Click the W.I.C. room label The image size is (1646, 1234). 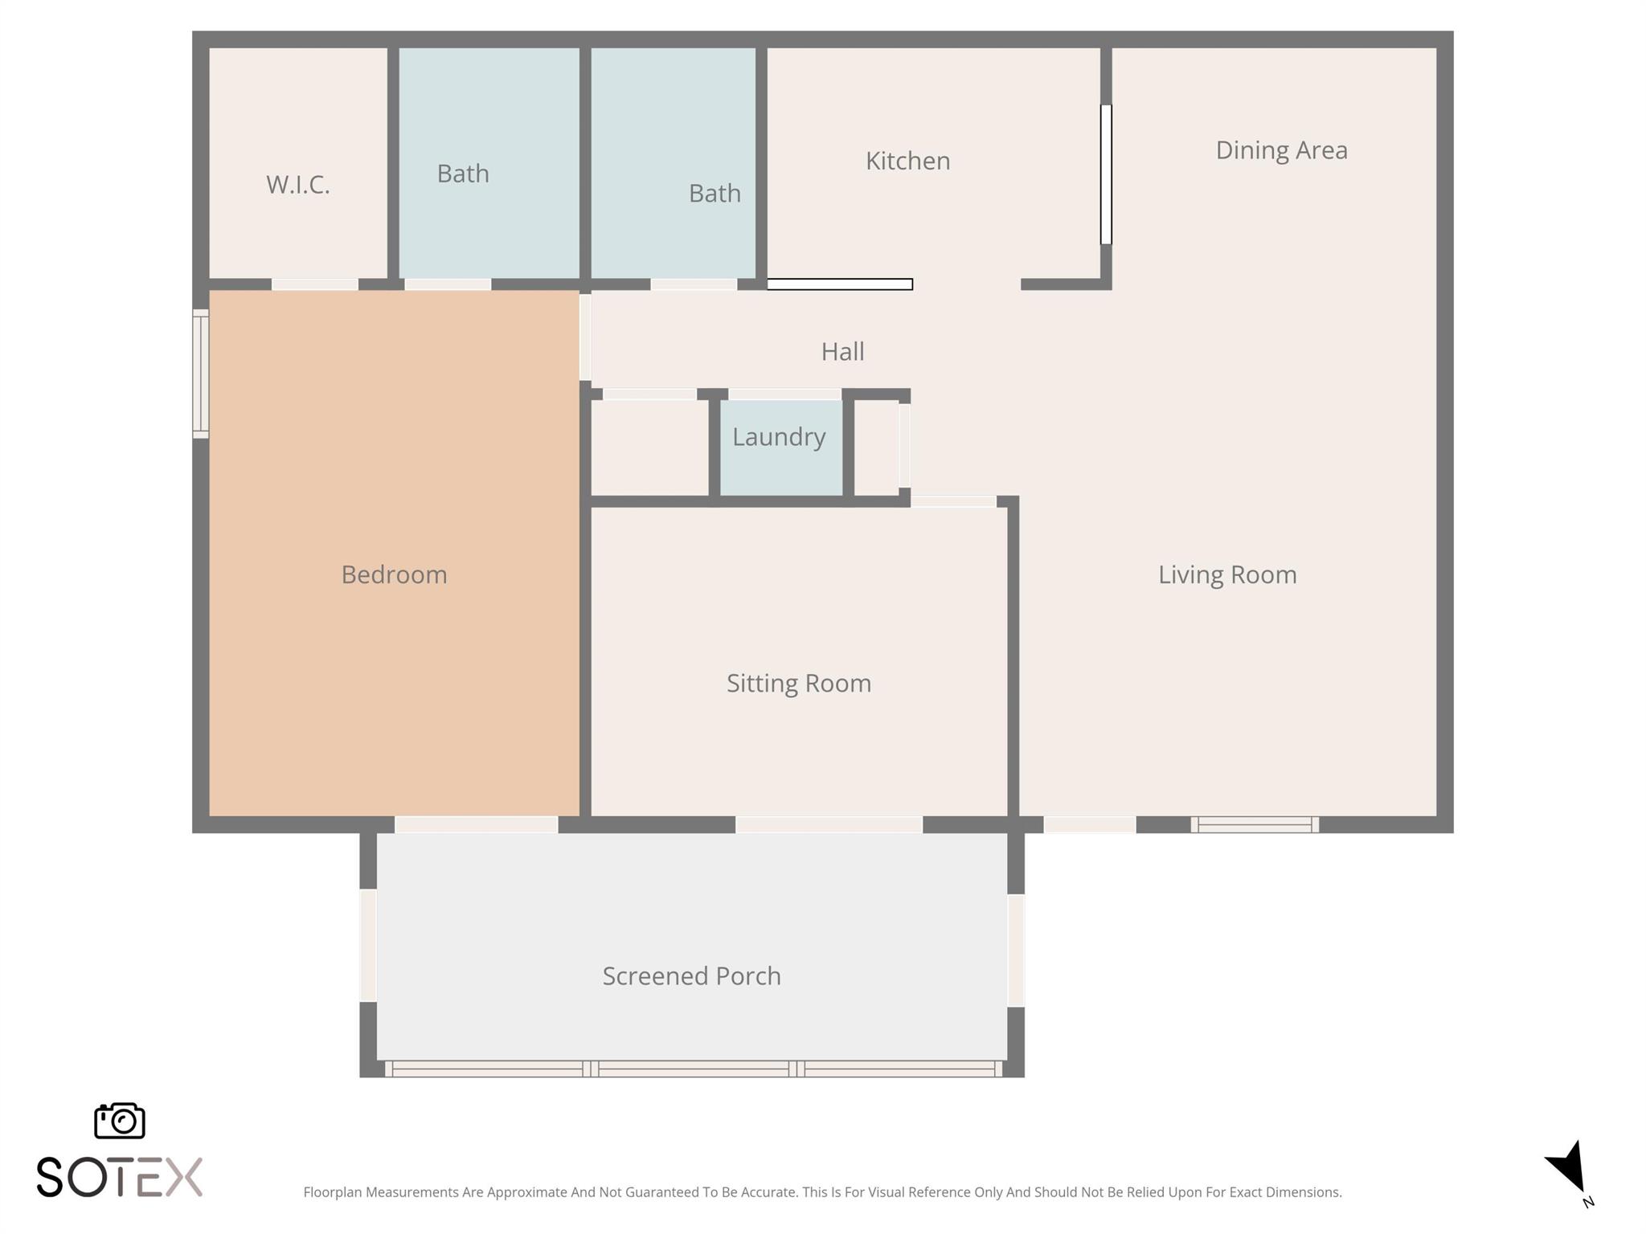(297, 185)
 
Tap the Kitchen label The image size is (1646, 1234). (907, 161)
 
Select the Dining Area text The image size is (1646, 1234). (1280, 150)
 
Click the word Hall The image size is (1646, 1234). (842, 352)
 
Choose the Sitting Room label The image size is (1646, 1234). (798, 683)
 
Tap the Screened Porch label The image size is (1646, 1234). (691, 975)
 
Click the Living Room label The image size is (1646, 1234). (1226, 574)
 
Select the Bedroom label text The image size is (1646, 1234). (394, 574)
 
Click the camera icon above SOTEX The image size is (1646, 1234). (120, 1120)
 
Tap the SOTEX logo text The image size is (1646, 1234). (119, 1178)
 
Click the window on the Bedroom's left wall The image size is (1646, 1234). (200, 374)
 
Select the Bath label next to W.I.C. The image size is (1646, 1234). (462, 174)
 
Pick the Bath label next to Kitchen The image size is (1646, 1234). (714, 194)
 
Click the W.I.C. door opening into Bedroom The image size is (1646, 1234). (314, 284)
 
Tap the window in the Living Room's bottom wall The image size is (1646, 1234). (1254, 824)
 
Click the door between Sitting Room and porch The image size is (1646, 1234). (828, 824)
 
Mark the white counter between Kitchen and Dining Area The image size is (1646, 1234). (1106, 174)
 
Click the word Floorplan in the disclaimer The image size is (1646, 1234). (332, 1192)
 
